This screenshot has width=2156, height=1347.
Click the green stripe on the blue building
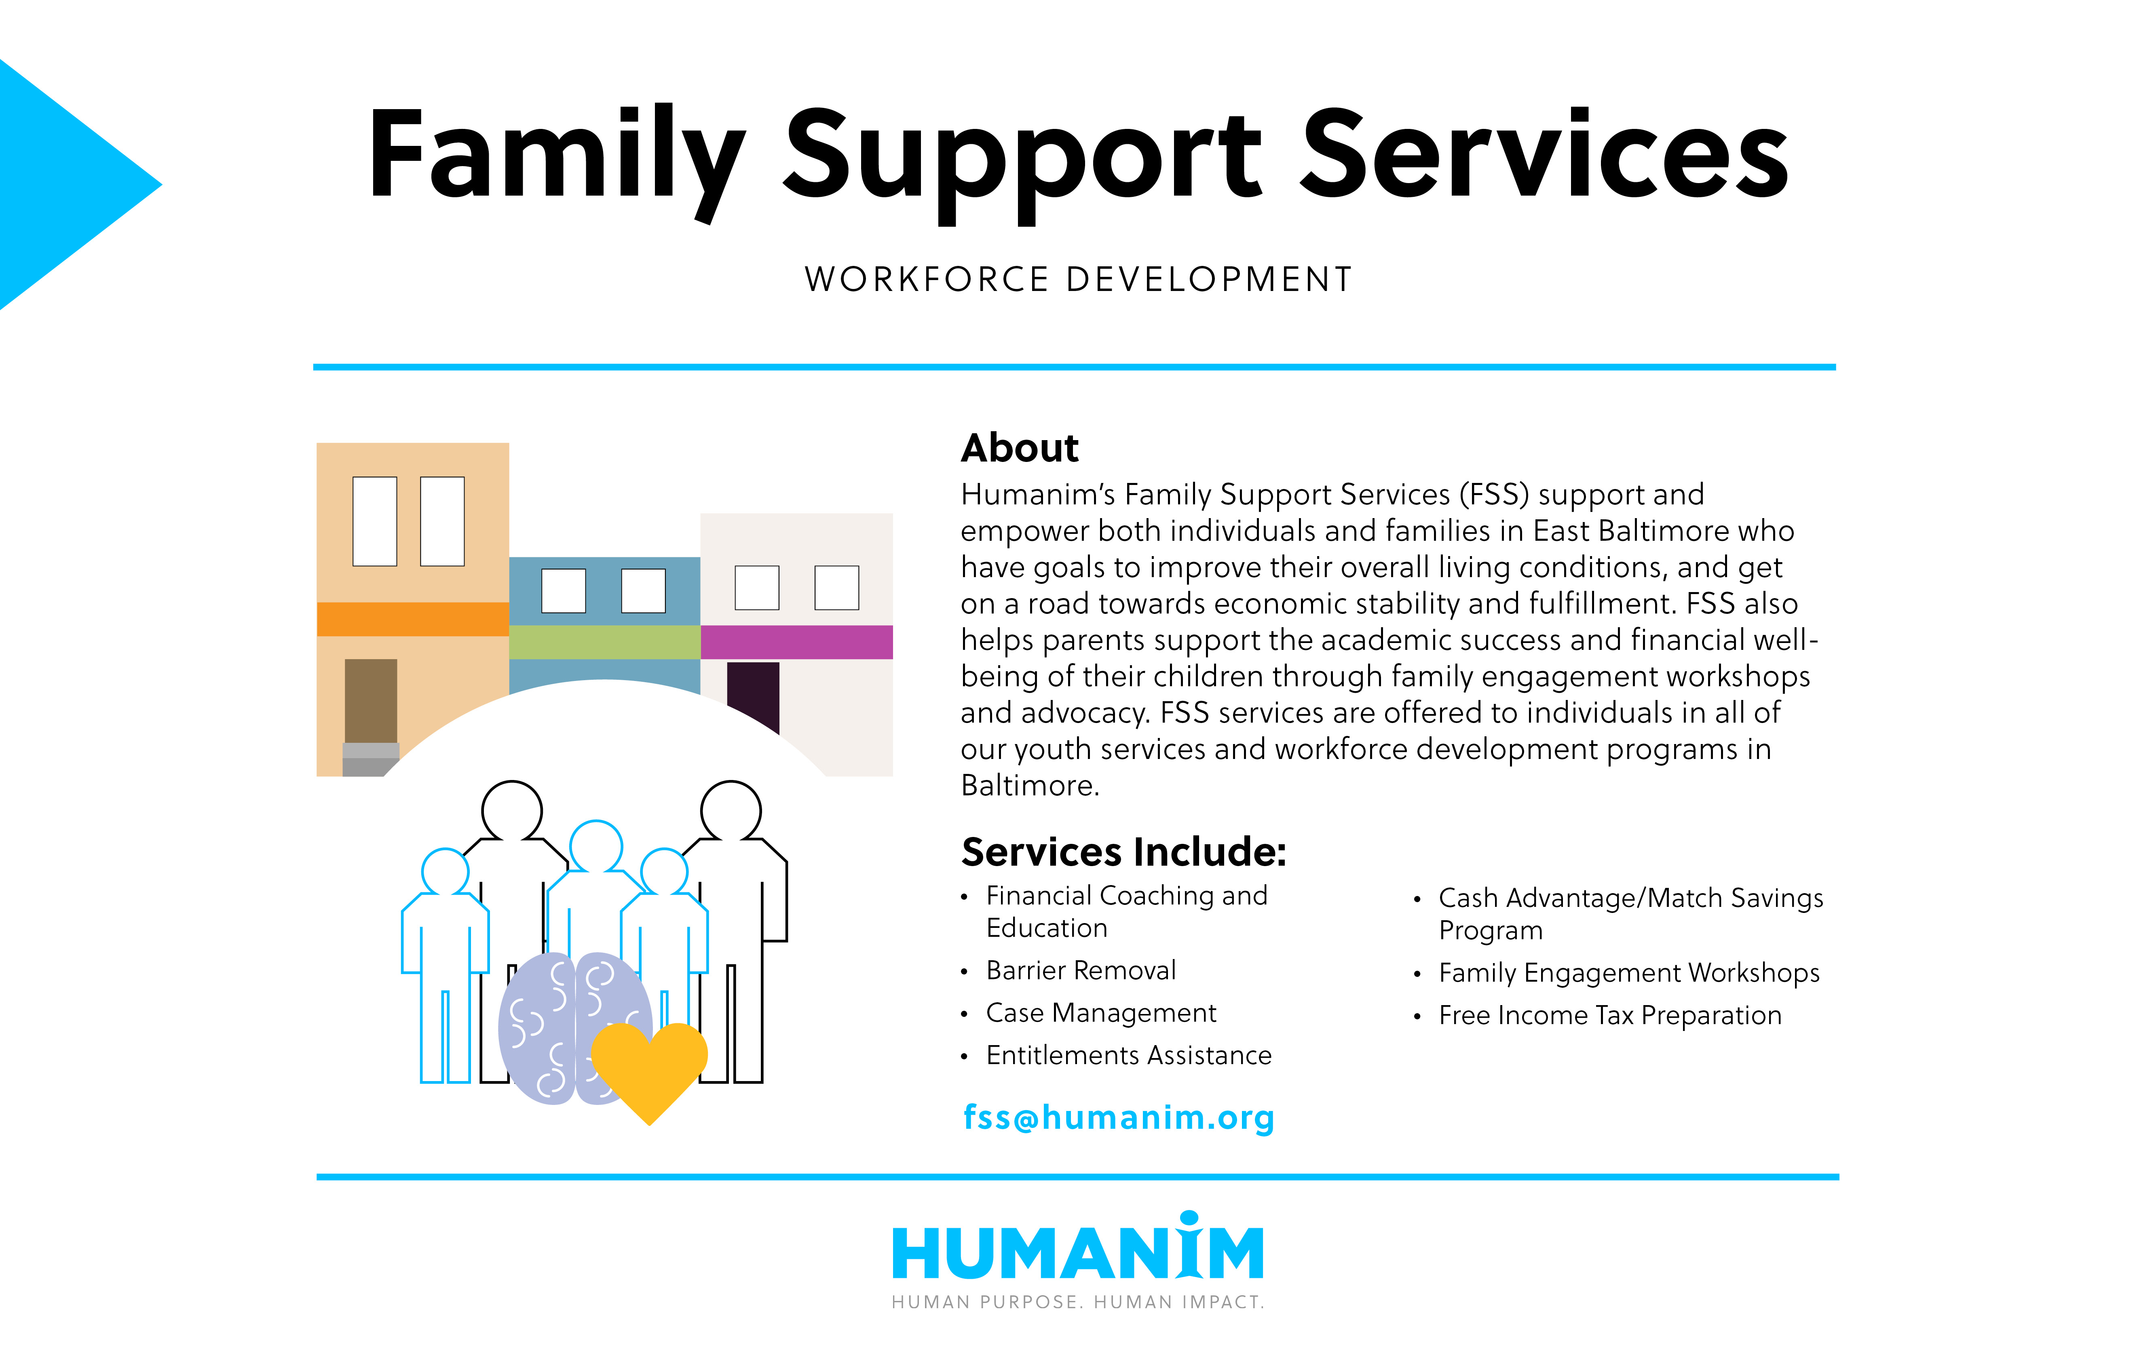tap(604, 642)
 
